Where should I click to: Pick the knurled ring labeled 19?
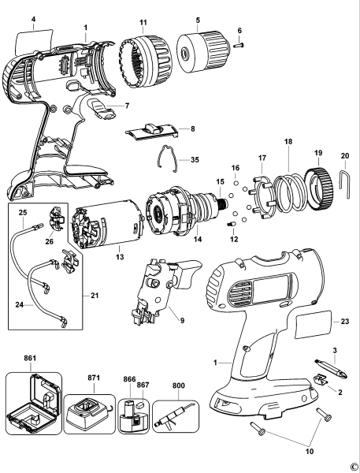(318, 192)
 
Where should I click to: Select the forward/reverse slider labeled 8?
(160, 130)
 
